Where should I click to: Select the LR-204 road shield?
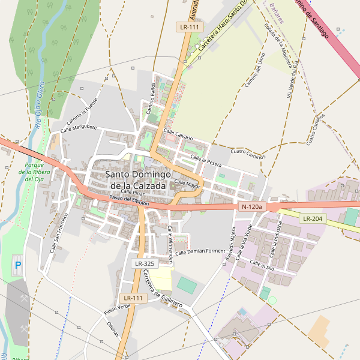pyautogui.click(x=313, y=219)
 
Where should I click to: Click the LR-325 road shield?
pyautogui.click(x=145, y=263)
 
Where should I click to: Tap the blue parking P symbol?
pyautogui.click(x=17, y=265)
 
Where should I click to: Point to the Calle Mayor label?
pyautogui.click(x=187, y=183)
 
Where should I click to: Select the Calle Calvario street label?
pyautogui.click(x=178, y=134)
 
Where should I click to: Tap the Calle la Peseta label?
pyautogui.click(x=206, y=160)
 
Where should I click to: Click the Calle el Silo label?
pyautogui.click(x=262, y=264)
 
